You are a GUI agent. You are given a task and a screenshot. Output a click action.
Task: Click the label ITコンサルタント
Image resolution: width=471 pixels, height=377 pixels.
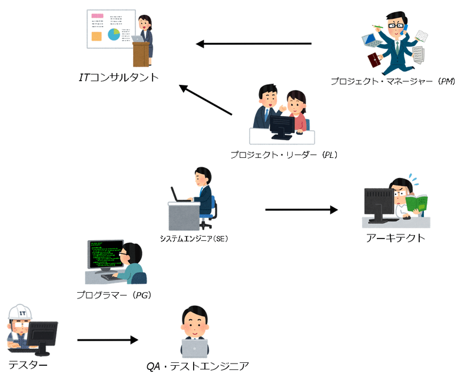point(119,77)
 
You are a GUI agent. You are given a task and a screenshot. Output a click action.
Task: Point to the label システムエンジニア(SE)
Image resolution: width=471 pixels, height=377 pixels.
point(194,239)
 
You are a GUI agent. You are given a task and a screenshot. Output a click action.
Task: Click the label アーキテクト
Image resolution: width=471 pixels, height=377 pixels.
point(396,238)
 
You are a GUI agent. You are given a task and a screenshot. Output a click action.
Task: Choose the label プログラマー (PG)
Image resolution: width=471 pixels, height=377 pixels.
point(114,294)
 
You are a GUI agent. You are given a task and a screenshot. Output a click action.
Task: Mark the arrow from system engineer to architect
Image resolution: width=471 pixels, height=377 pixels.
point(301,209)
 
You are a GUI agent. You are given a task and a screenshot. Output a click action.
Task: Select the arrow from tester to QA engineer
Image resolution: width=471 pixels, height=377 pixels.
point(107,340)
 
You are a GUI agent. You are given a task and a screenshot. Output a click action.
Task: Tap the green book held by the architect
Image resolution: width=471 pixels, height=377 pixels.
point(419,203)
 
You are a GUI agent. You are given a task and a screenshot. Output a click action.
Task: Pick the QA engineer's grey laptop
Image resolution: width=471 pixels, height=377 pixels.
point(194,350)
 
